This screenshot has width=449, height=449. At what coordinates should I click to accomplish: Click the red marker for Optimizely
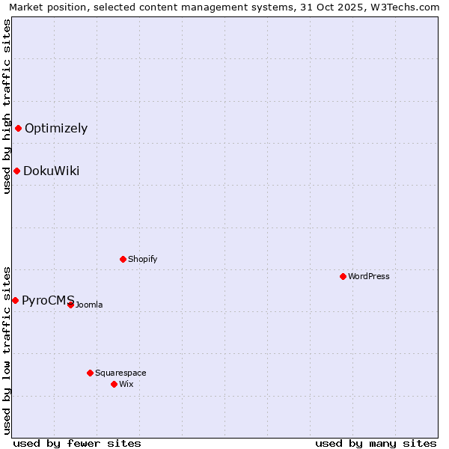click(18, 128)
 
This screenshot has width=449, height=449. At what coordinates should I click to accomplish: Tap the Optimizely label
click(56, 128)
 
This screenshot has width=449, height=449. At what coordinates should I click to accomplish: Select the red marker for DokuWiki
click(16, 171)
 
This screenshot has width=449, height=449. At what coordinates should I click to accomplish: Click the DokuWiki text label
click(51, 171)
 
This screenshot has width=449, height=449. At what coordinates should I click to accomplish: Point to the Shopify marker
click(123, 259)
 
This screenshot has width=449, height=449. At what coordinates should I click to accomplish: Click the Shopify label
click(142, 259)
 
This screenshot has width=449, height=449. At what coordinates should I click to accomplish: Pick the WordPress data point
click(343, 276)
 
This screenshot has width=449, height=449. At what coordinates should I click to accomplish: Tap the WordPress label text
click(368, 276)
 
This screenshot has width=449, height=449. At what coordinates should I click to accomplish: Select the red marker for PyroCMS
click(15, 300)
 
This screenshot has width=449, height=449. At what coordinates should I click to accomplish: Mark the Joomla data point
click(70, 305)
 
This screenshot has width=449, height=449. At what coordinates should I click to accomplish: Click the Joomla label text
click(89, 305)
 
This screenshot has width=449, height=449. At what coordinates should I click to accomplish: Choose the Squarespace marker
click(90, 373)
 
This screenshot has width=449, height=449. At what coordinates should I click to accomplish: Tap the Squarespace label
click(120, 373)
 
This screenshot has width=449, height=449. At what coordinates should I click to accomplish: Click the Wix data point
click(114, 384)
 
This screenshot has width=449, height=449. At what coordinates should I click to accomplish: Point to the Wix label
click(126, 384)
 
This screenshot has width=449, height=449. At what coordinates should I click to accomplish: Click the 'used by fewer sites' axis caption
click(77, 443)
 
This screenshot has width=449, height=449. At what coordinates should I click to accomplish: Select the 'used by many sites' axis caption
click(376, 443)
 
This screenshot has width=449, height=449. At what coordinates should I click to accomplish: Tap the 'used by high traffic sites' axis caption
click(7, 106)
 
